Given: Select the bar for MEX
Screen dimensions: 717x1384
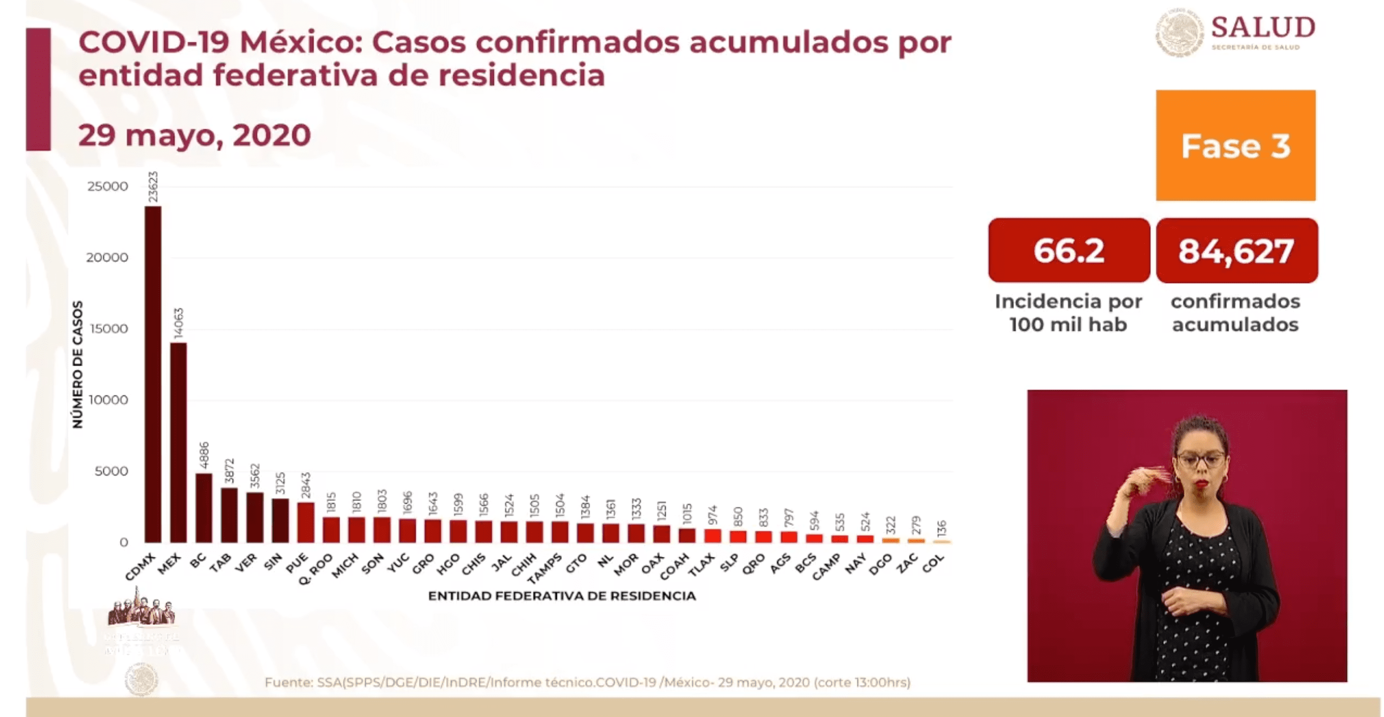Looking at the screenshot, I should (x=178, y=443).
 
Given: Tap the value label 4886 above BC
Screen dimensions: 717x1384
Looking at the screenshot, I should (x=204, y=455).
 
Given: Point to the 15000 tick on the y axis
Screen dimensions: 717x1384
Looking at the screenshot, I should (x=109, y=329).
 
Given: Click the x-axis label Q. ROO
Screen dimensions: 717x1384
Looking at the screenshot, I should (x=316, y=569).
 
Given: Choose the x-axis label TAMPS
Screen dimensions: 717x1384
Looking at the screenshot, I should (x=545, y=568).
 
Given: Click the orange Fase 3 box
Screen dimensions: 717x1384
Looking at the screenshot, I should (x=1235, y=146).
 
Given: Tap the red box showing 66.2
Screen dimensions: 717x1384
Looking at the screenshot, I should (x=1069, y=250).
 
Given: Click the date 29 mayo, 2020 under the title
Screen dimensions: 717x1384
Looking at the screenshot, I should (x=195, y=135).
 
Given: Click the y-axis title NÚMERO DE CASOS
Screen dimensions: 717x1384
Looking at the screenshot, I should (x=78, y=365).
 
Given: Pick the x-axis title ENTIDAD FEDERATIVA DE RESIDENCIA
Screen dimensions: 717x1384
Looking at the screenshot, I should (x=561, y=595).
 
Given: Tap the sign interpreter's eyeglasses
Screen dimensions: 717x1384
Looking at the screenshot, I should (x=1201, y=460).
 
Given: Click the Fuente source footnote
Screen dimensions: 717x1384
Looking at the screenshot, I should (x=587, y=682).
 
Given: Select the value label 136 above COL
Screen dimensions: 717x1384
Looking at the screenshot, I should (x=941, y=529).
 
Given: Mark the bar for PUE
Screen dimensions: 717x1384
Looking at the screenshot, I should (x=306, y=522).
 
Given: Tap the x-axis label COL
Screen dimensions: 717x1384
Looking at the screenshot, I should (x=933, y=564).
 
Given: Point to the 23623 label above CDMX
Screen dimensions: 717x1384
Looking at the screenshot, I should (x=153, y=187).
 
